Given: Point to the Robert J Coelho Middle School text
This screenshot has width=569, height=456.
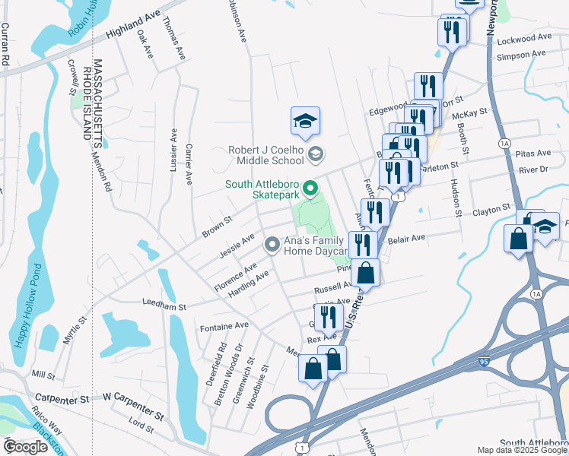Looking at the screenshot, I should [x=266, y=156].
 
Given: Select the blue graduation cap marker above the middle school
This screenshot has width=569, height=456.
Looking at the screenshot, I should [x=305, y=122].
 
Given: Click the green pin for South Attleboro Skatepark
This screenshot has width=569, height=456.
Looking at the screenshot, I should [x=310, y=188].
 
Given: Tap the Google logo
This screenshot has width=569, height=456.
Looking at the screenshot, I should [x=25, y=447].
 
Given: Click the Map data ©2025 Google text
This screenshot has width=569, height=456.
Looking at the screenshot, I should [x=522, y=450].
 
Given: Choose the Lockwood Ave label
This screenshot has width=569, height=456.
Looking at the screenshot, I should [x=523, y=36].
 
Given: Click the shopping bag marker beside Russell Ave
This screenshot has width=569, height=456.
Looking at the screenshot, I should [x=365, y=274].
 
